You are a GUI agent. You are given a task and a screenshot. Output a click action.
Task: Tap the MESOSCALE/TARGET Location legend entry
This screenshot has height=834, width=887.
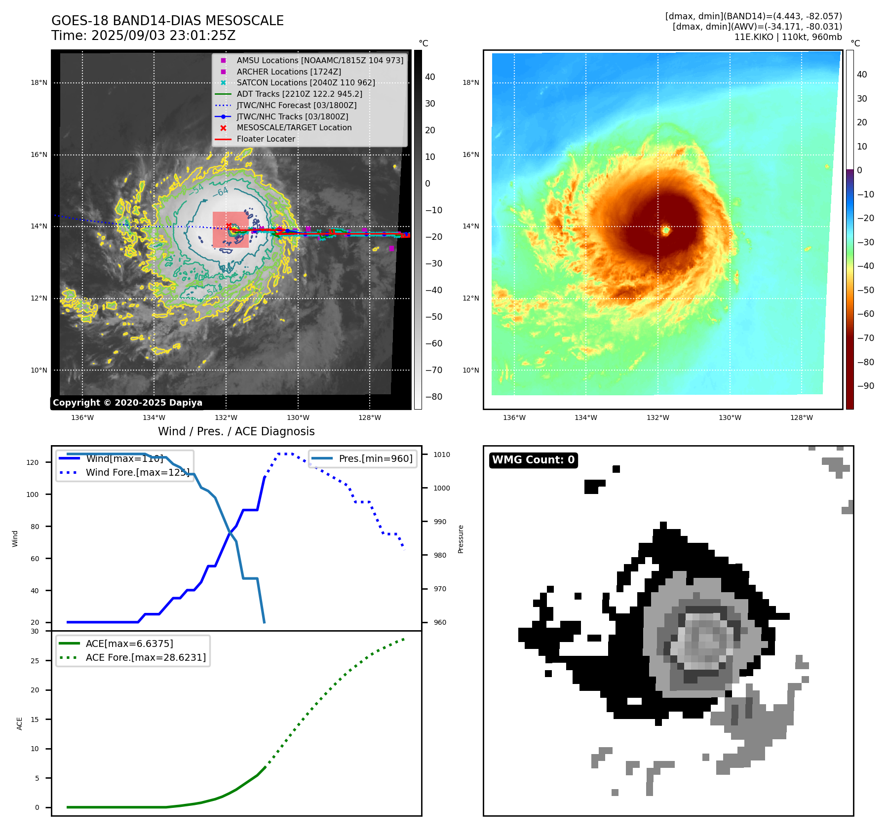(294, 127)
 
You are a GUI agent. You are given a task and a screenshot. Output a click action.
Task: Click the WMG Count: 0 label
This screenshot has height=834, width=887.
(533, 460)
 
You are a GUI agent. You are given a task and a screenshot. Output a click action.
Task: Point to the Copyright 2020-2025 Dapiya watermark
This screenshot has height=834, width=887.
(127, 403)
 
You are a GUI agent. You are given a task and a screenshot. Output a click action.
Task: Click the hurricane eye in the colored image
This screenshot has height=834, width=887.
(665, 230)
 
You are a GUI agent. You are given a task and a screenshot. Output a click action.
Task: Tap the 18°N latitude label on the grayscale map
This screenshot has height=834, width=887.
(39, 83)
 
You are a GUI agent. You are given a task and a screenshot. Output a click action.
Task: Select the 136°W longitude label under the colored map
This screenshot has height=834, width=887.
(514, 417)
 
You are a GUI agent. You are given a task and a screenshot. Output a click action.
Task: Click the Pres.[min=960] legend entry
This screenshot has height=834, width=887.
(375, 458)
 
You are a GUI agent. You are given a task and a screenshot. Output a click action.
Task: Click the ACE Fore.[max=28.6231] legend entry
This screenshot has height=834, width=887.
(146, 657)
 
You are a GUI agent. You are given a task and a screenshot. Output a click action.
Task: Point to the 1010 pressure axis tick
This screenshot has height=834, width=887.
(442, 455)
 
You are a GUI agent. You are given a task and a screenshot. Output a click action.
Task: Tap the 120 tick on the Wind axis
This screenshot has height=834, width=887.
(33, 462)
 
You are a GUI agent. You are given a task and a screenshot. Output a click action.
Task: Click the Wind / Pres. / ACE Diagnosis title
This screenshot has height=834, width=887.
(236, 431)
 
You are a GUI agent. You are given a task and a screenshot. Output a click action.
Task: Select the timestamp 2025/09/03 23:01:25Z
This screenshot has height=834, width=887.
(163, 36)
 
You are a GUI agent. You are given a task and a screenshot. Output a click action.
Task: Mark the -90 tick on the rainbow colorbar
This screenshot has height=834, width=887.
(865, 386)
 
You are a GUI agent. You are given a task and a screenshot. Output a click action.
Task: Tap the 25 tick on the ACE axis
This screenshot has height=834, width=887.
(35, 661)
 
